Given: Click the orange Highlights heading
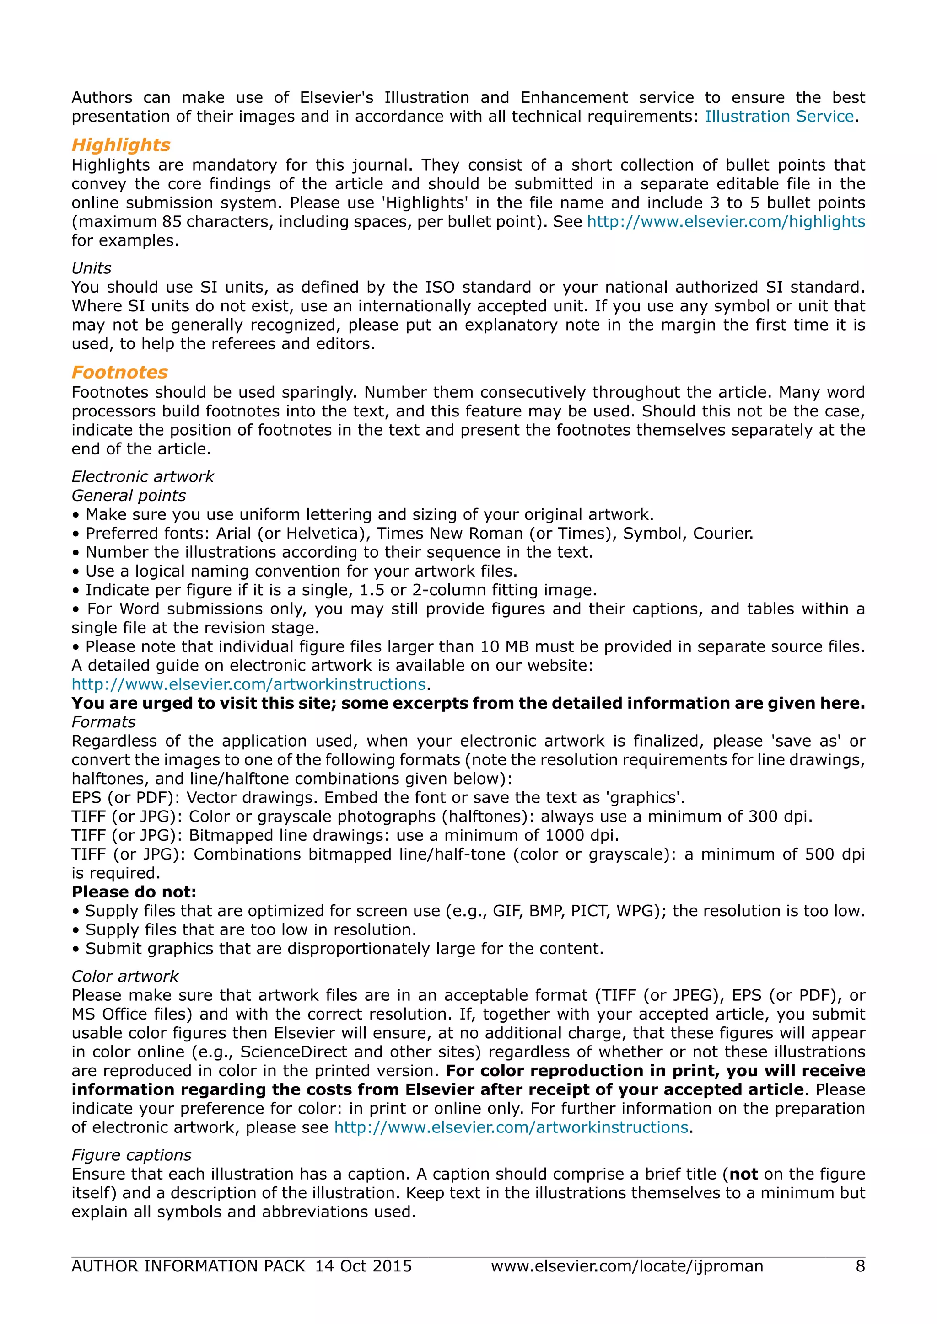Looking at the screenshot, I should [x=121, y=145].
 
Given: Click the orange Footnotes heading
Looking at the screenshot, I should [x=119, y=372].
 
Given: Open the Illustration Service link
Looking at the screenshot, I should [x=779, y=117].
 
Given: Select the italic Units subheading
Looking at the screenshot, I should [x=91, y=268].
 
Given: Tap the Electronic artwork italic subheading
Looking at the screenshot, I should [x=142, y=476].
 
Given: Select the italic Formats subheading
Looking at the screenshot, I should [x=103, y=722].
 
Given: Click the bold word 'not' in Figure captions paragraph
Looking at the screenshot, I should [x=743, y=1174].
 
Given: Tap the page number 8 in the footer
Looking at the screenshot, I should [x=860, y=1266].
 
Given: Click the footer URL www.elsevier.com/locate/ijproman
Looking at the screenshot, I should [x=627, y=1266].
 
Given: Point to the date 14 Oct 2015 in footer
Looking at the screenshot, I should [x=363, y=1266].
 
